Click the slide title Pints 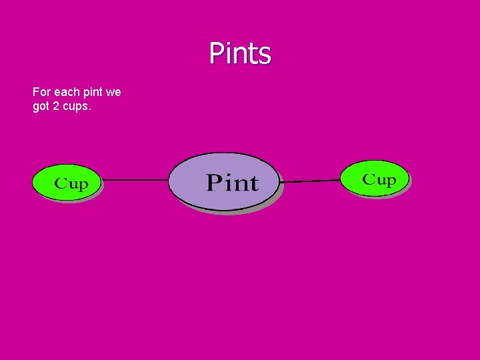tap(240, 53)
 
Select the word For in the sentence tap(41, 92)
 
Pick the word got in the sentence tap(41, 106)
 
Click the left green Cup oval tap(66, 181)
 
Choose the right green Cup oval tap(375, 178)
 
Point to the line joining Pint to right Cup tap(311, 181)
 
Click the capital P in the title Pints tap(217, 53)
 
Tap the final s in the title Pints tap(265, 55)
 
